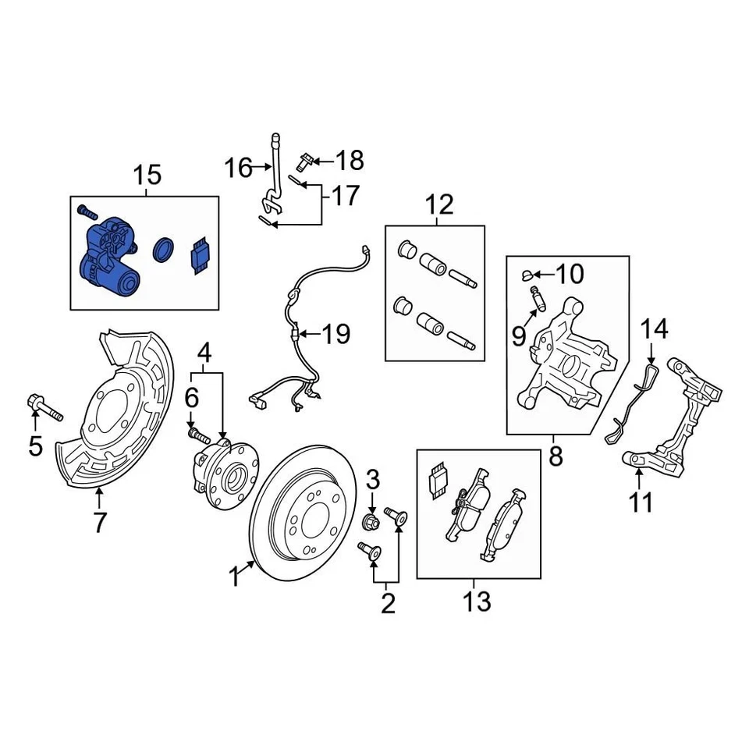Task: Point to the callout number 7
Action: [x=99, y=522]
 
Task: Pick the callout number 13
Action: [x=477, y=601]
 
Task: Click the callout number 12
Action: [x=439, y=205]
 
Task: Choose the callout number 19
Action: [x=336, y=335]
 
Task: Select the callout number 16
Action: [x=238, y=167]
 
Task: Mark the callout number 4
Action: [x=204, y=353]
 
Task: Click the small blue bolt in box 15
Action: [x=85, y=211]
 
